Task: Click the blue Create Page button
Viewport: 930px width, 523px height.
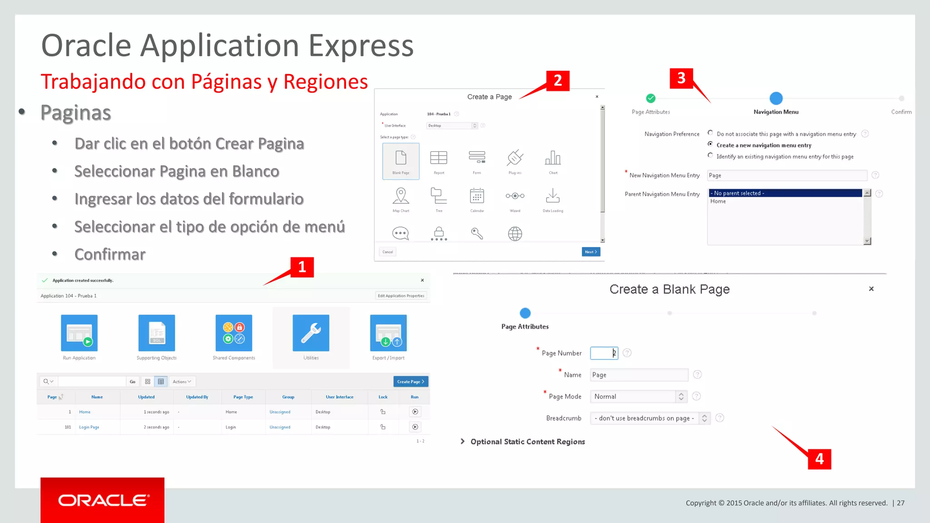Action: coord(411,381)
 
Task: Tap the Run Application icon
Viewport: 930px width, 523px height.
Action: coord(79,333)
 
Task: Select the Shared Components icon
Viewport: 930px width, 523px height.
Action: coord(233,333)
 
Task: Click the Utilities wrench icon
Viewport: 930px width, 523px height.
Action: coord(311,333)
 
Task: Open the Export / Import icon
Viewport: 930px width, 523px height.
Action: coord(388,333)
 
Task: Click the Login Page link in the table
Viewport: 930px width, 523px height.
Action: coord(89,427)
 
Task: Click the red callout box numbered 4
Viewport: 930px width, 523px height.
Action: coord(819,459)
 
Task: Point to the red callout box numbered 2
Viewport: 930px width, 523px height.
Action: coord(558,81)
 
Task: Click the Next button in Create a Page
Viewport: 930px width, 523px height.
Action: coord(591,252)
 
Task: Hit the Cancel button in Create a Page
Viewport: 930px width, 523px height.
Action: coord(387,252)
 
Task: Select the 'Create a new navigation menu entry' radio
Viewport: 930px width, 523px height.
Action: coord(710,144)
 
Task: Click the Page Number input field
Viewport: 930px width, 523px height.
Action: coord(604,353)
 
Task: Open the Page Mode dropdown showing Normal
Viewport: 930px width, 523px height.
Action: coord(638,397)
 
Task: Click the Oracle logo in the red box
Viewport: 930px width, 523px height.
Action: coord(103,500)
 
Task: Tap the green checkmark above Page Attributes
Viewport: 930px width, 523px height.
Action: coord(651,98)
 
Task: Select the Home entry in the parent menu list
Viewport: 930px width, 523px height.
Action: coord(718,202)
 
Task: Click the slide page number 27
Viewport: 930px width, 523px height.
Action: coord(900,503)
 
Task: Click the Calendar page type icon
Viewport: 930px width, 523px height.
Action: coord(477,197)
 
